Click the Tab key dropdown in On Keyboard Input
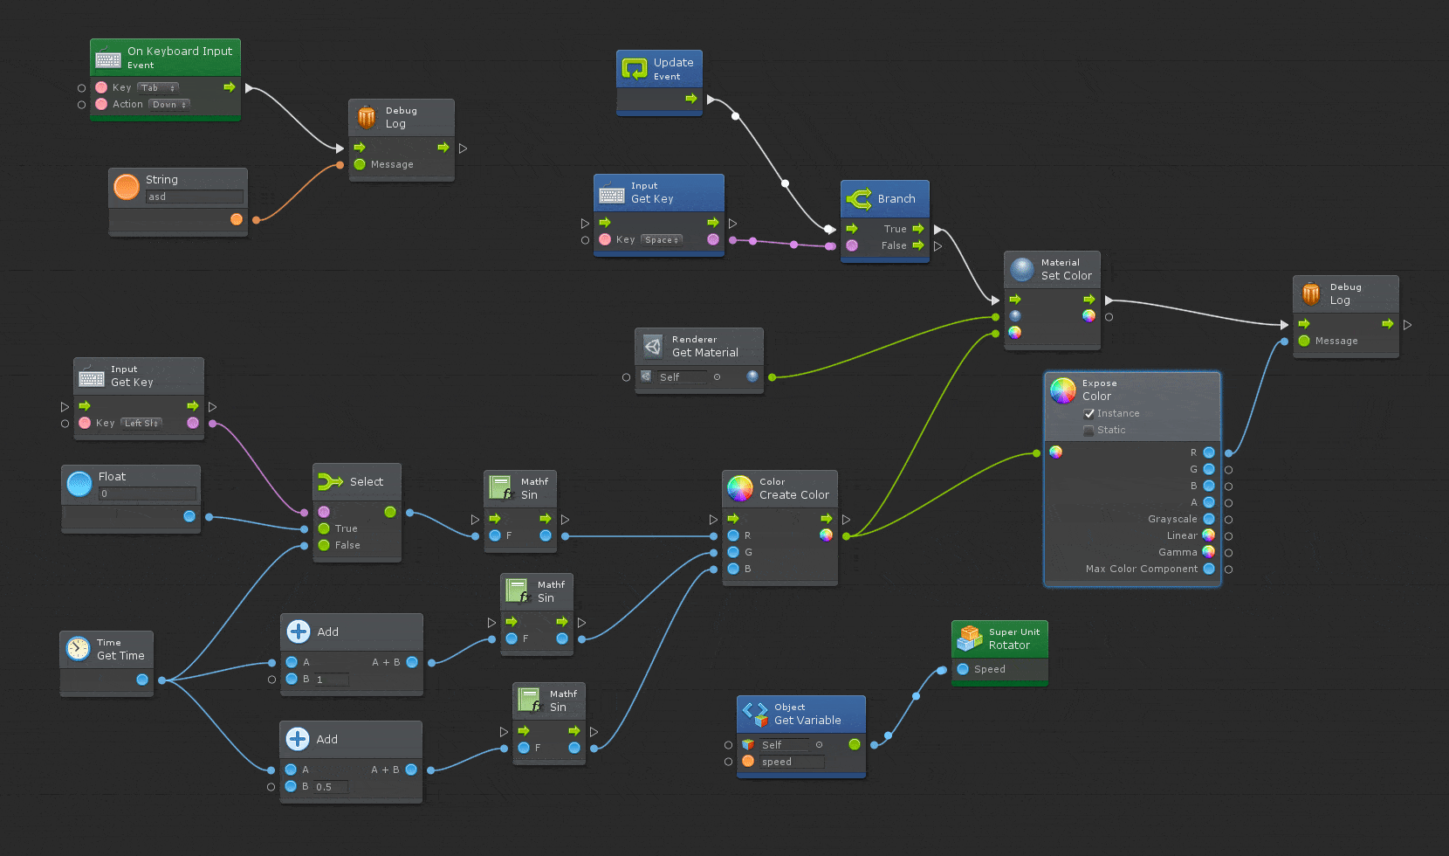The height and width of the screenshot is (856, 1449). coord(157,87)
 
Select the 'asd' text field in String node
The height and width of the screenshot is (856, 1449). coord(194,197)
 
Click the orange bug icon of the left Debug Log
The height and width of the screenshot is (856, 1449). coord(367,117)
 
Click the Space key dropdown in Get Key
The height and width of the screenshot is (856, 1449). coord(662,239)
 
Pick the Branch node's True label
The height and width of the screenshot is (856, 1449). coord(895,229)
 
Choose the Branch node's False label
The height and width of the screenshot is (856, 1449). coord(893,245)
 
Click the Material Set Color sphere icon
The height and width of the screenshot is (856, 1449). coord(1022,269)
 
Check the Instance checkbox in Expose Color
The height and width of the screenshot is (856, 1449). coord(1088,413)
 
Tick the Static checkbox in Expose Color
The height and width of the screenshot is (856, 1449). coord(1088,430)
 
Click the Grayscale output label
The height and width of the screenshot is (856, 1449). coord(1171,519)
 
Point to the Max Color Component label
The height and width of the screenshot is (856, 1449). coord(1141,569)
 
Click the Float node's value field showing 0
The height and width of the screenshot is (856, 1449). coord(146,494)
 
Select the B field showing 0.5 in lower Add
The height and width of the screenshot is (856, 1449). coord(331,787)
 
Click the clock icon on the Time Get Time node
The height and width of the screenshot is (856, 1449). coord(79,648)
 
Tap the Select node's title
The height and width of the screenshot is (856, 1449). coord(366,481)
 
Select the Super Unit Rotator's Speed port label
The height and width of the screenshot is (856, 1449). coord(989,669)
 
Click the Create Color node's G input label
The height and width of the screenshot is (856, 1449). coord(748,552)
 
